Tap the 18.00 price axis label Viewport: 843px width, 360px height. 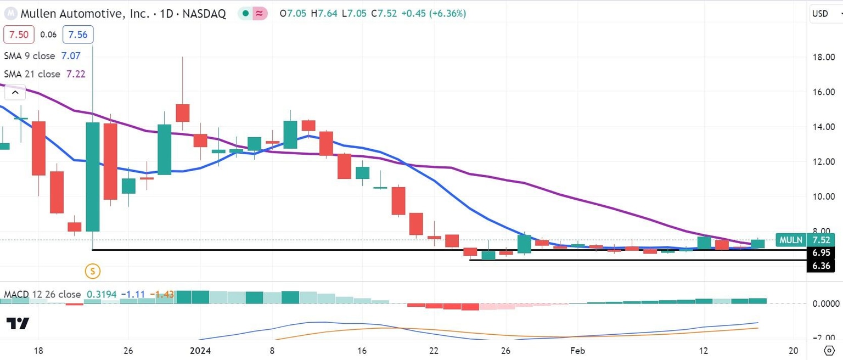click(x=823, y=57)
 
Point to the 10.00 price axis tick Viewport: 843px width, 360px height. click(x=823, y=196)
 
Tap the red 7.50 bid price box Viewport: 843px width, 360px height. click(x=19, y=35)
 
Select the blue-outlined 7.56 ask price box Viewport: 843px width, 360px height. click(x=77, y=35)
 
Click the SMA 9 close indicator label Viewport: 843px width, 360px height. click(x=29, y=56)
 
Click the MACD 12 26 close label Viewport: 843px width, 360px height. click(x=42, y=295)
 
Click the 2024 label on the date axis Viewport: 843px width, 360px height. click(x=200, y=350)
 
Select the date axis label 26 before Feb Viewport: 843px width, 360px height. click(x=506, y=350)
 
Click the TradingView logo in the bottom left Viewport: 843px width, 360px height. click(x=18, y=323)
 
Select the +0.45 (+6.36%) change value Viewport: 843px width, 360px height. click(x=434, y=14)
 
